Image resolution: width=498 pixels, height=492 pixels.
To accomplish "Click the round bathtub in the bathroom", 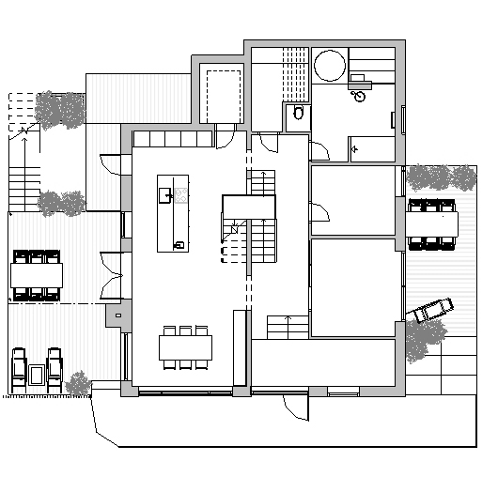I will (x=329, y=66).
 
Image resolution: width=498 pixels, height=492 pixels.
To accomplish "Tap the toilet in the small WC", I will (x=298, y=114).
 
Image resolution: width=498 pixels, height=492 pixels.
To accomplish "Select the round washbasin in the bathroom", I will (x=360, y=95).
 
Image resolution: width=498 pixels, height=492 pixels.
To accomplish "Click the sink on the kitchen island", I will (x=164, y=195).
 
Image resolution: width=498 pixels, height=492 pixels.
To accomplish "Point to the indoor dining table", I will (x=185, y=347).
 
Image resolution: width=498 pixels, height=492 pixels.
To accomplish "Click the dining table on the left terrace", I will (x=37, y=275).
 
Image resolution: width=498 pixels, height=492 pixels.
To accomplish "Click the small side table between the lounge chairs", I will (x=37, y=375).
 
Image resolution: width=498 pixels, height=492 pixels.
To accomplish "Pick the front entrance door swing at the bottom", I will (x=294, y=407).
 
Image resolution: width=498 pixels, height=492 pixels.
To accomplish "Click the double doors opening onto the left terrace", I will (x=112, y=274).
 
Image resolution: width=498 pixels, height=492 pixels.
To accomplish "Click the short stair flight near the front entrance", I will (x=286, y=328).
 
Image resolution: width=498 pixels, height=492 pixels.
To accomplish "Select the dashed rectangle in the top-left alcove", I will (x=224, y=90).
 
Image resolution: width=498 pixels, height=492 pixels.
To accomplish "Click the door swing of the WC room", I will (x=319, y=147).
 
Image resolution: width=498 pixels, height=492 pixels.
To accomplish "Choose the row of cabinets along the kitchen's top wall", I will (x=173, y=139).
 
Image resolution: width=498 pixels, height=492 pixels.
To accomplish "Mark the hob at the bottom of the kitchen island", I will (x=178, y=245).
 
